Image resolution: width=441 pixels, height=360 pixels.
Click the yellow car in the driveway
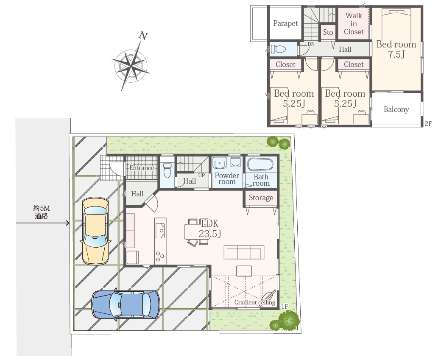tap(95, 231)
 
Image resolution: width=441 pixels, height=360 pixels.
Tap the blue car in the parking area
tap(126, 304)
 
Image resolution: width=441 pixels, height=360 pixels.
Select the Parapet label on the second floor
tap(285, 23)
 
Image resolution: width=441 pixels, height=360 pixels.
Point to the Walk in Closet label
tap(354, 24)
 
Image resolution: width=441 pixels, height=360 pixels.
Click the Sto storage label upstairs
tap(328, 32)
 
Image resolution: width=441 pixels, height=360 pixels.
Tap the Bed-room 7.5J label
tap(396, 49)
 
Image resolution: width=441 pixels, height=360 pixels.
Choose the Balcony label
tap(396, 109)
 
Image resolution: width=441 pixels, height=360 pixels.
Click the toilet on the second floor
tap(278, 49)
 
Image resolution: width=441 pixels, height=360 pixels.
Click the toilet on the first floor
tap(167, 170)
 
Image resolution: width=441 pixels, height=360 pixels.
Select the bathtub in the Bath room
tap(260, 164)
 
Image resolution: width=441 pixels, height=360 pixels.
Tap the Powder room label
tap(227, 179)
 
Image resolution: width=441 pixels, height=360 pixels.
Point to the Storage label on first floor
tap(261, 198)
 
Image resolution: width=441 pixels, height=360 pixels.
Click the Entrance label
tap(142, 168)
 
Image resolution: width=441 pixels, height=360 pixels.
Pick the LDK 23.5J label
tap(210, 229)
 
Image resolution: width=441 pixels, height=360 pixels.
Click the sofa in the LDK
tap(244, 252)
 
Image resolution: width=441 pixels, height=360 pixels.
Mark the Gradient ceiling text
tap(255, 302)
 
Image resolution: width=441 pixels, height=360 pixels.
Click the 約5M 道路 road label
tap(42, 212)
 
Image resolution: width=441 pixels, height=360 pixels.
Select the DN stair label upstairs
tap(311, 44)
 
